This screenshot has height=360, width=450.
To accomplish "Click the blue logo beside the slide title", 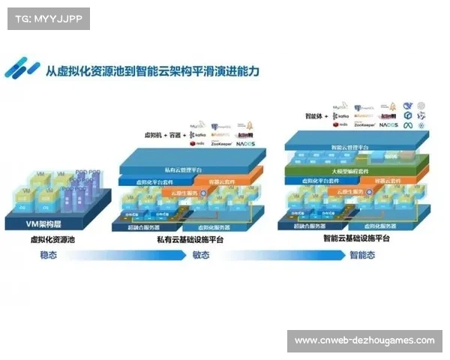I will coord(22,69).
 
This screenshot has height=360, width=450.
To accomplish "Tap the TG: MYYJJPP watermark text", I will coord(47,18).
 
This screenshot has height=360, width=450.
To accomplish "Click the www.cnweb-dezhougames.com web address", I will coord(364,340).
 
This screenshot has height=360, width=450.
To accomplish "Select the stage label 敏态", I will coord(201,255).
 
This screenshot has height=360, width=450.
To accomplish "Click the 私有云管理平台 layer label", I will coord(178,170).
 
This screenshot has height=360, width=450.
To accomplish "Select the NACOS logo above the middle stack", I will coord(246,142).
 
